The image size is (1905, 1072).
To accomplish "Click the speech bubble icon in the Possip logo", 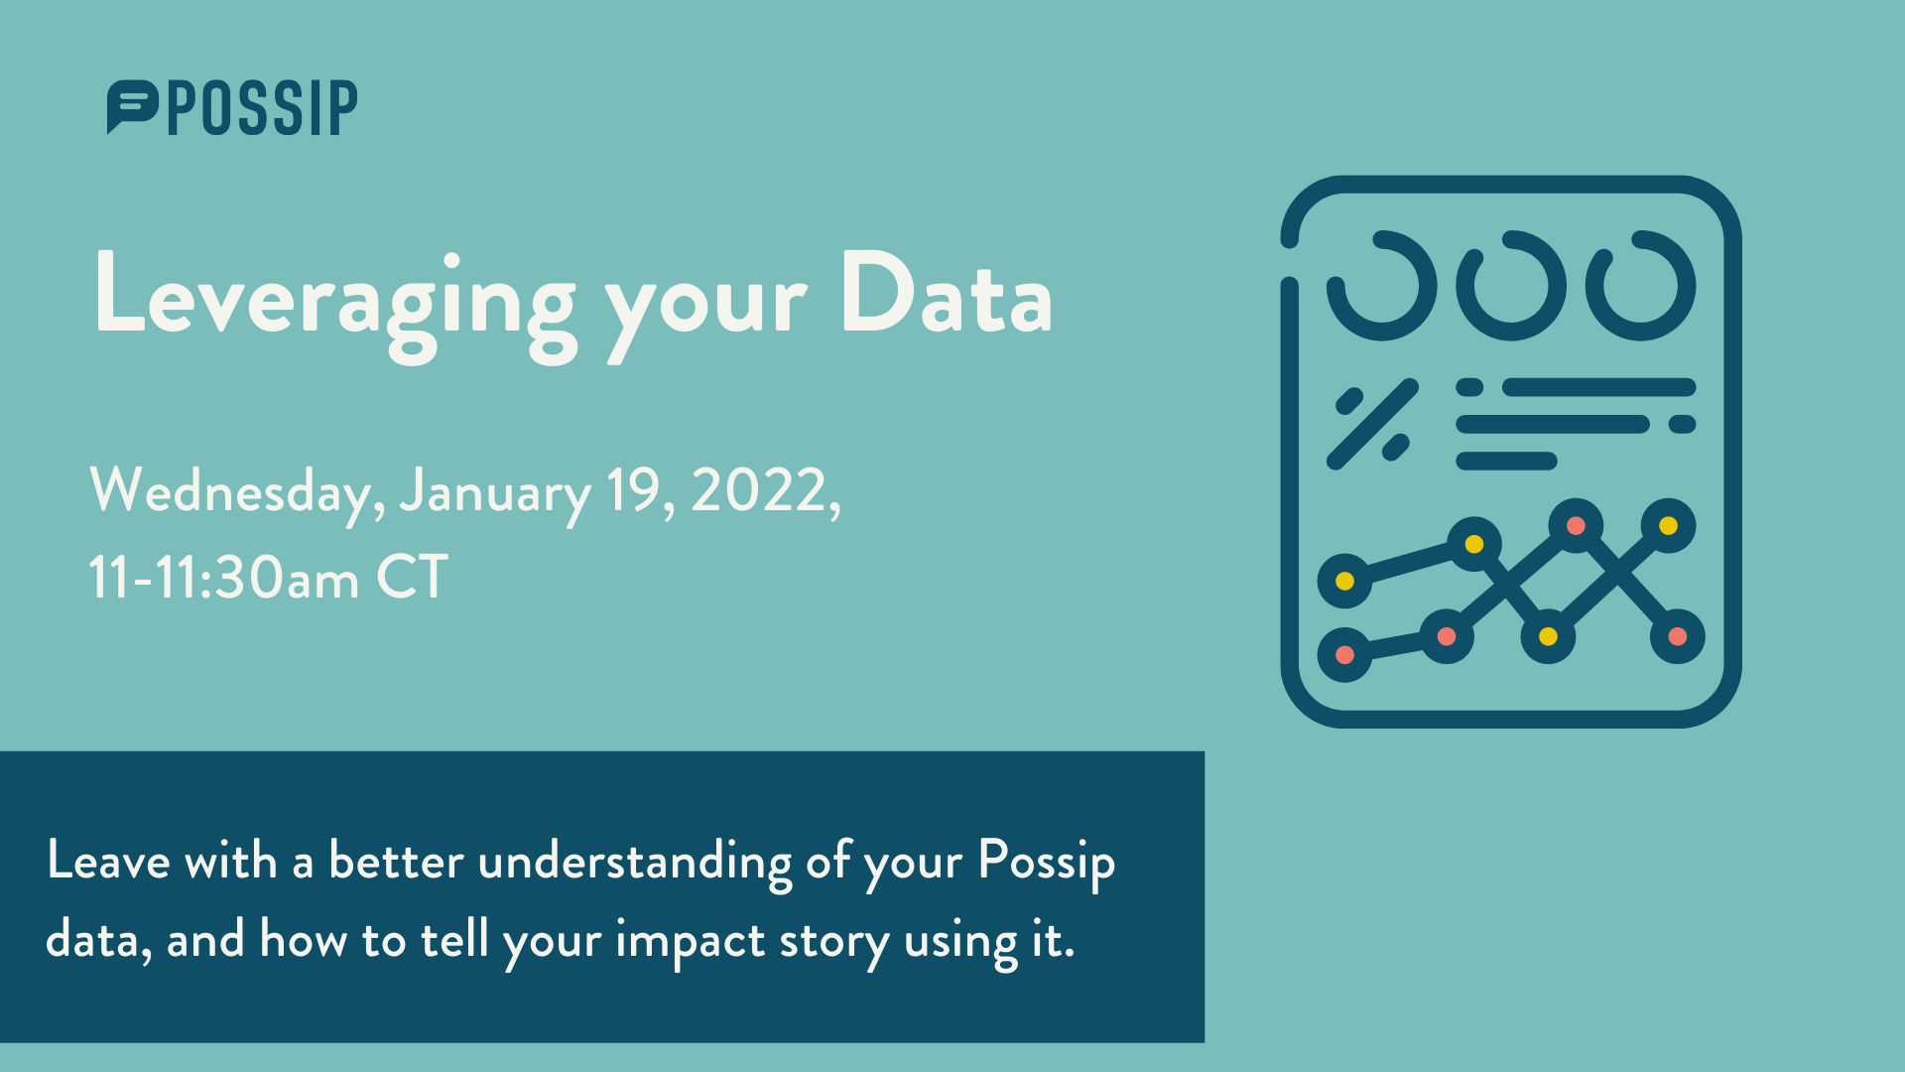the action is (132, 105).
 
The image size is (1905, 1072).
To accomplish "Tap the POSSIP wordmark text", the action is (263, 108).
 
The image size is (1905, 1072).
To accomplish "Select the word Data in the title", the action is (946, 292).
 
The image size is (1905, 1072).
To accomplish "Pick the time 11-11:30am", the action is (223, 578).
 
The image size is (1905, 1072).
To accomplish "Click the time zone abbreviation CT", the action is (412, 577).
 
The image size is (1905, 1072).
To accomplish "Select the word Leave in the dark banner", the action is (108, 861).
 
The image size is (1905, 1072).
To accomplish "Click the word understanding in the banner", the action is (634, 862).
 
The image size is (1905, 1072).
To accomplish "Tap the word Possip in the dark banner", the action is (1047, 863).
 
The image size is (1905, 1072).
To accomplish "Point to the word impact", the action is (690, 941).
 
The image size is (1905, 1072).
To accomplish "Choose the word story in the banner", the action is (833, 942).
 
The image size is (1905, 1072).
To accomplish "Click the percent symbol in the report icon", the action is (1373, 424).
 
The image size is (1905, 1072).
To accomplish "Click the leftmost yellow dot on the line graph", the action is (1345, 581).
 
